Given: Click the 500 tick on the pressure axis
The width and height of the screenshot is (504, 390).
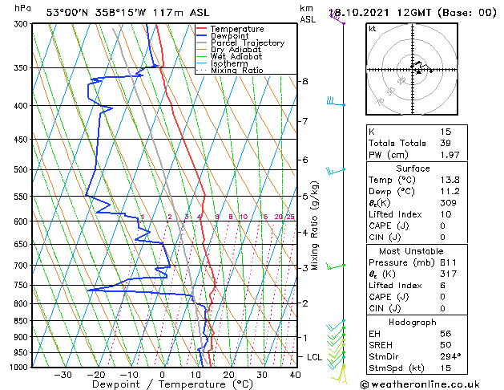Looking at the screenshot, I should tap(22, 169).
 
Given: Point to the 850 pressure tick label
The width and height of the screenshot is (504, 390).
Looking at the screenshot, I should tap(22, 320).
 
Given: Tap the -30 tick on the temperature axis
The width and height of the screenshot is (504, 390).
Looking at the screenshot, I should tap(62, 375).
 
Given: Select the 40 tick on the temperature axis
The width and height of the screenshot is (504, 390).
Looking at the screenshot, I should tap(295, 375).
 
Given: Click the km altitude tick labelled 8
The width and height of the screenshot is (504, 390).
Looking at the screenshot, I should tap(305, 82).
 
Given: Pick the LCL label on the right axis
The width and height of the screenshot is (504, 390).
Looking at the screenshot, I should tap(315, 357).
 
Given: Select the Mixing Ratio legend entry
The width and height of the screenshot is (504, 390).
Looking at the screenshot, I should tap(236, 71).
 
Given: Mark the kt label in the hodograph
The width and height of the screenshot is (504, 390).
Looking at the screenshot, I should tap(373, 28).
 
